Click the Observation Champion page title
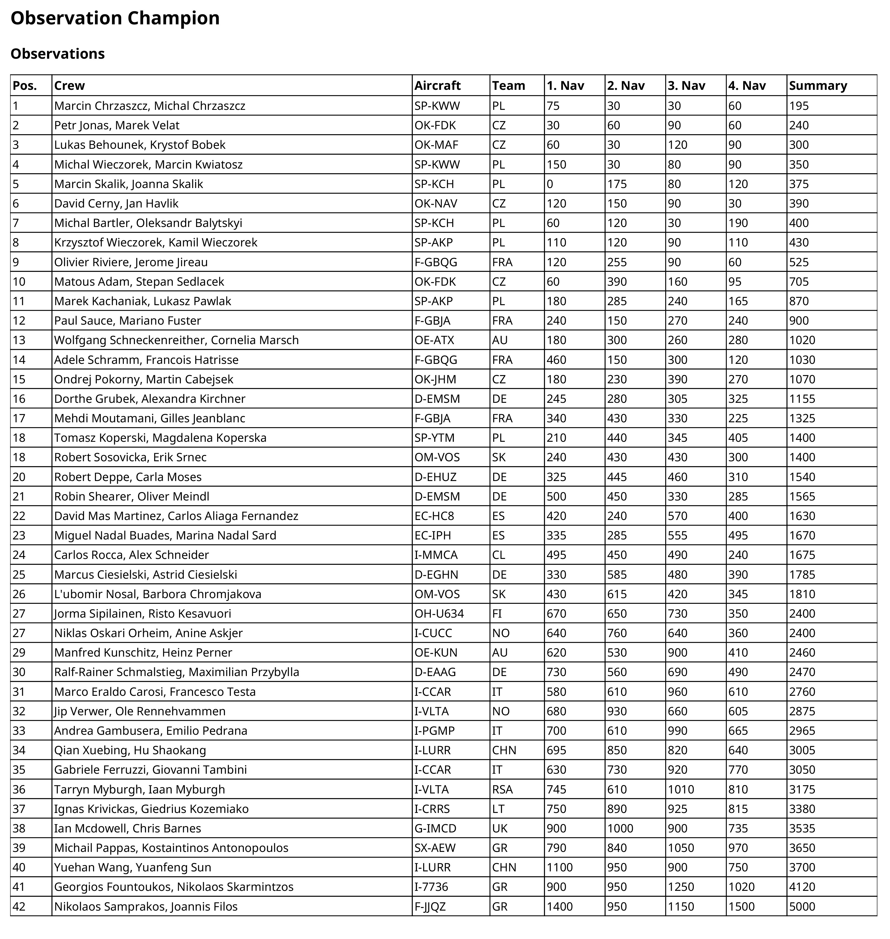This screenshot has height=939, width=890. point(115,18)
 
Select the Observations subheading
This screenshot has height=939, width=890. point(57,54)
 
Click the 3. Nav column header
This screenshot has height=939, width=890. point(686,85)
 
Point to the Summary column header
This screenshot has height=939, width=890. point(818,85)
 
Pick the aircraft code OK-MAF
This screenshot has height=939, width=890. point(436,145)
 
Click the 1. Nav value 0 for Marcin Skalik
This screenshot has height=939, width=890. point(550,184)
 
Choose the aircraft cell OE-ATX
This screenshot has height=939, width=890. point(434,340)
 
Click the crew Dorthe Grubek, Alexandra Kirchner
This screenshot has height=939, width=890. point(150,399)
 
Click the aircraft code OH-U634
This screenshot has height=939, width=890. point(439,613)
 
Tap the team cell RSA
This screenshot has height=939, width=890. point(502,789)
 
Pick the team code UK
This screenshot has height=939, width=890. point(500,828)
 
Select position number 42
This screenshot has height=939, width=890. point(19,906)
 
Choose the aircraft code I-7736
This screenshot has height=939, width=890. point(431,887)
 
